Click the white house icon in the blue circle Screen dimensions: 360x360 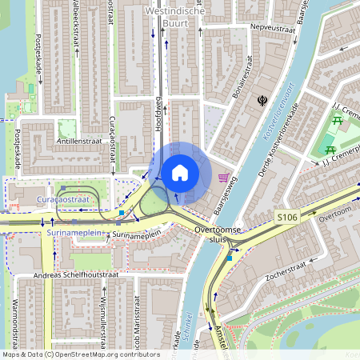point(180,172)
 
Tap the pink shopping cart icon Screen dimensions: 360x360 point(226,178)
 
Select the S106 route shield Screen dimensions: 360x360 point(288,217)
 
